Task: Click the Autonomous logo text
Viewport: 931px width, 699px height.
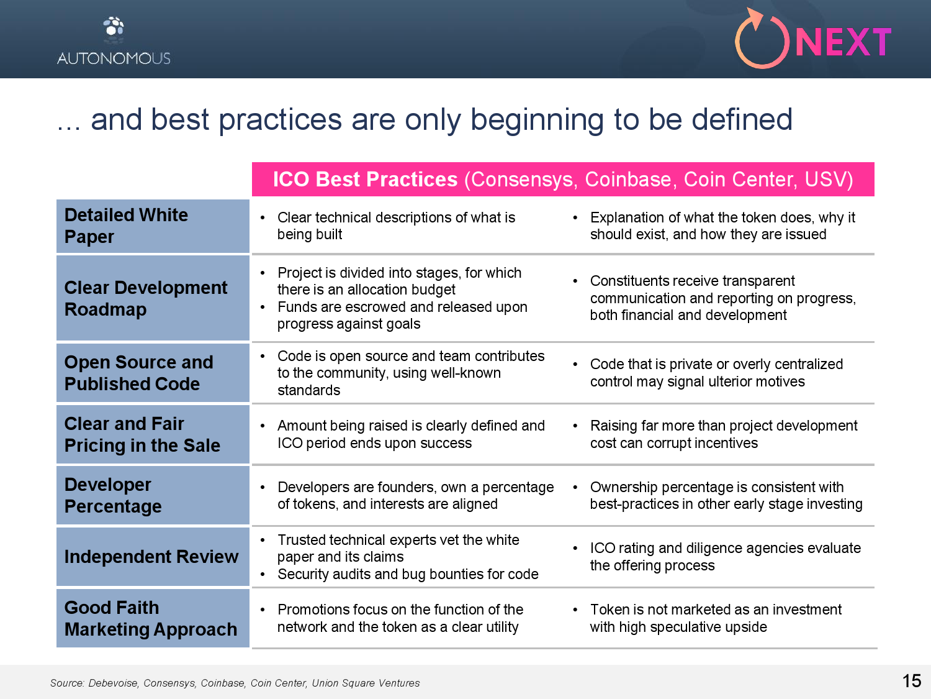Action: (x=114, y=58)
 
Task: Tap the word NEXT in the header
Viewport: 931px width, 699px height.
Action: (x=843, y=42)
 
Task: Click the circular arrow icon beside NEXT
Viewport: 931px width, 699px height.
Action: (x=762, y=40)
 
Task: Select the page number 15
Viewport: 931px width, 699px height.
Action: (x=912, y=681)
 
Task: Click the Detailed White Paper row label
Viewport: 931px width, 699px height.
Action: (x=126, y=226)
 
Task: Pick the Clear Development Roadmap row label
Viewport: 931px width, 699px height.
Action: (x=146, y=298)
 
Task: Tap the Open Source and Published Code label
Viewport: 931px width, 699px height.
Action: (x=138, y=373)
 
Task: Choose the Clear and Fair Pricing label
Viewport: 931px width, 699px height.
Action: (x=142, y=434)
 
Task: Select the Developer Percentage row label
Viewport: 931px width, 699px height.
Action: (x=113, y=495)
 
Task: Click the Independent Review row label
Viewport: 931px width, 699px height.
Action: (x=151, y=556)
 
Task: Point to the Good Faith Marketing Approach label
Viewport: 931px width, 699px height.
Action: (x=151, y=618)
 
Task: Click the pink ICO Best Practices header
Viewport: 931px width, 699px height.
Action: (x=563, y=179)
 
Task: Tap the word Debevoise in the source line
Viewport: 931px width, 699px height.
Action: (x=113, y=683)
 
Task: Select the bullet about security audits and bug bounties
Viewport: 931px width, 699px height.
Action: (x=408, y=574)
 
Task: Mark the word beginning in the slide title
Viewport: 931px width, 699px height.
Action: (x=537, y=120)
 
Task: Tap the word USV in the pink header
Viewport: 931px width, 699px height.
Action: (x=824, y=179)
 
